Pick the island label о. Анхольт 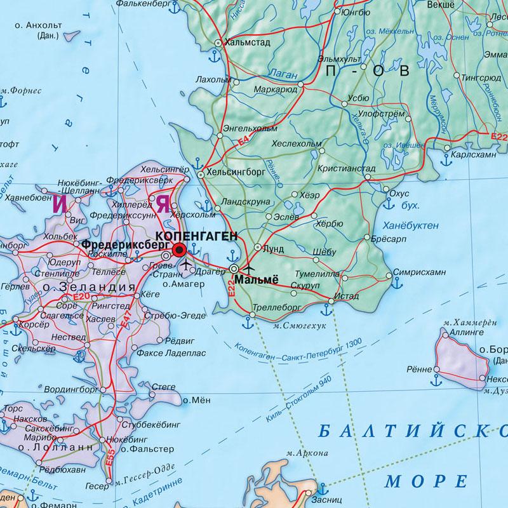(43, 25)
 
